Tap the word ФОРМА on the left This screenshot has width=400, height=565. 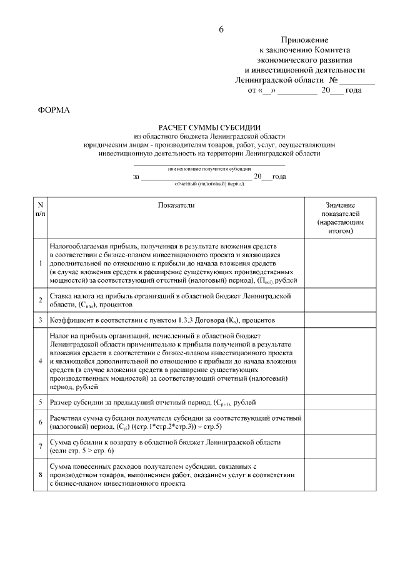(55, 111)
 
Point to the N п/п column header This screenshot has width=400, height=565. (40, 209)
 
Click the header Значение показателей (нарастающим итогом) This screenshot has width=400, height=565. (340, 218)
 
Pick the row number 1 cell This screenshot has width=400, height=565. (40, 263)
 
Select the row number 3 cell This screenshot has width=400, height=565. (40, 320)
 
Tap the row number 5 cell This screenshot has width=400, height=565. (40, 403)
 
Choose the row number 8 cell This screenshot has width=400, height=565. (40, 475)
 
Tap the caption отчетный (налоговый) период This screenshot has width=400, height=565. (209, 185)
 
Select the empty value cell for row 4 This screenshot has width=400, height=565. (340, 361)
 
